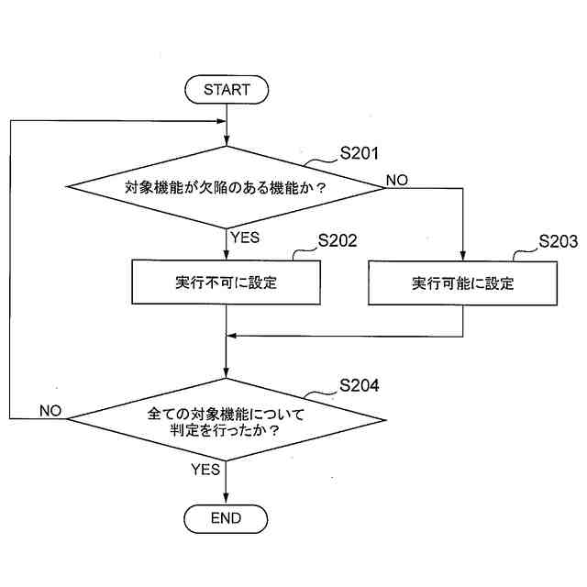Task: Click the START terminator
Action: coord(226,90)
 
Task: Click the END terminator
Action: coord(226,518)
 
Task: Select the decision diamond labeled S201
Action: coord(226,187)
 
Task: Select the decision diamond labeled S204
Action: coord(226,420)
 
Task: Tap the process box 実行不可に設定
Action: coord(226,282)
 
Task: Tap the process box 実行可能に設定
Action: coord(462,282)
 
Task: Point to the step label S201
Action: coord(360,153)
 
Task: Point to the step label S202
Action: coord(337,242)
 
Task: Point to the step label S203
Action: coord(558,242)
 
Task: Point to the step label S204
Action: coord(360,385)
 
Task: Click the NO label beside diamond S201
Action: coord(397,180)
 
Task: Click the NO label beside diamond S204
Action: coord(50,411)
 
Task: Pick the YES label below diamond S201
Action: coord(245,237)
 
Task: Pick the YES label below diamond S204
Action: coord(205,470)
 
